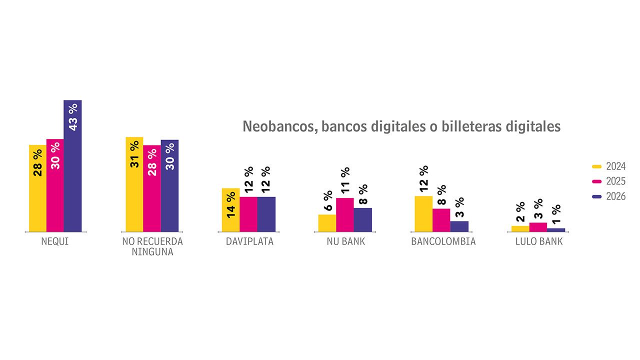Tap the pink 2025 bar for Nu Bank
click(345, 215)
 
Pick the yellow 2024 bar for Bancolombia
click(423, 214)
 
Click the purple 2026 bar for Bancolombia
click(459, 226)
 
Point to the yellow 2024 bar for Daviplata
click(230, 210)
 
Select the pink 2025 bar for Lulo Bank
click(538, 227)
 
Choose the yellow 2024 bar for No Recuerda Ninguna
click(134, 184)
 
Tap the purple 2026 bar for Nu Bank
click(363, 220)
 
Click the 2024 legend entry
click(609, 166)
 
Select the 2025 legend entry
click(609, 181)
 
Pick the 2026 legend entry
click(609, 196)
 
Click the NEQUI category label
click(55, 242)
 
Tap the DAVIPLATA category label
click(249, 242)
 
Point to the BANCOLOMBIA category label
click(443, 242)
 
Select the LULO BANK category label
click(538, 242)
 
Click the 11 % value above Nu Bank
click(345, 180)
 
